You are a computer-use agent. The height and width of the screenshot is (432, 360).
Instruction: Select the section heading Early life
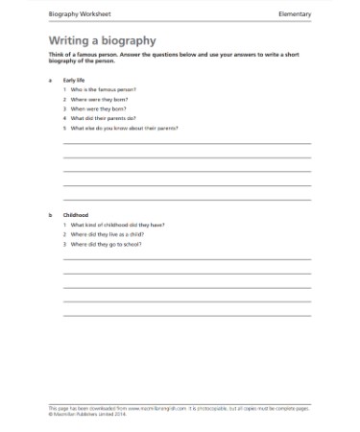[74, 81]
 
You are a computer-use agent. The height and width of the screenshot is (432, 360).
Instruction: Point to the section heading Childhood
[76, 214]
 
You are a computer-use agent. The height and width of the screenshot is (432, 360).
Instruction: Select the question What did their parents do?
[100, 118]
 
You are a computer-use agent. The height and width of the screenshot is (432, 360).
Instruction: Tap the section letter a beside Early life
[49, 81]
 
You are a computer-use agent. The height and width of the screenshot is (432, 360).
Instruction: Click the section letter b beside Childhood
[49, 214]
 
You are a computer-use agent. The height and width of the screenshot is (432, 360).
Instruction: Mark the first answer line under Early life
[186, 144]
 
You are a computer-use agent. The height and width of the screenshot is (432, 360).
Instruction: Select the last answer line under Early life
[186, 200]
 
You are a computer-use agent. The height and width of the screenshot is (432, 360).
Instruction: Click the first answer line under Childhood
[186, 259]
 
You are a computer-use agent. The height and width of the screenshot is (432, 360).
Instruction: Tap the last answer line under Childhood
[186, 315]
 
